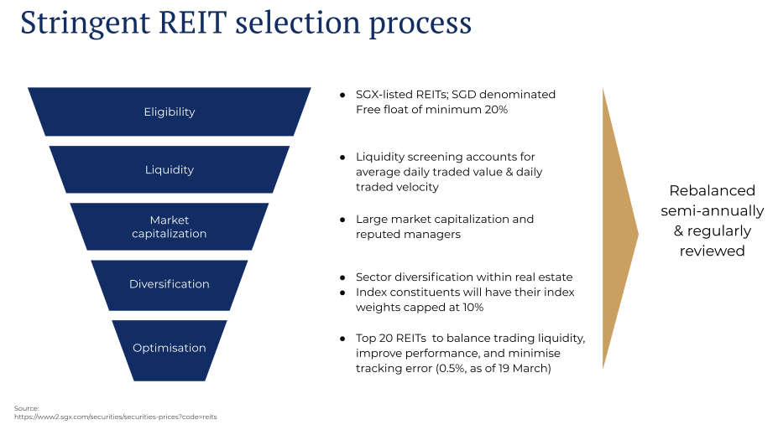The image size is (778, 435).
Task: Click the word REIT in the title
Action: pyautogui.click(x=192, y=23)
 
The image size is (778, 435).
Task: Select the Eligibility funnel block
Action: pyautogui.click(x=170, y=111)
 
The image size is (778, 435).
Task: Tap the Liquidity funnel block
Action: pyautogui.click(x=170, y=169)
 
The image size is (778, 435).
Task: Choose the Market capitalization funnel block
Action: pyautogui.click(x=170, y=226)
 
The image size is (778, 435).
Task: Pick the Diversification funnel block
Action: pyautogui.click(x=170, y=285)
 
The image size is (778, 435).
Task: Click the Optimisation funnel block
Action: pyautogui.click(x=170, y=350)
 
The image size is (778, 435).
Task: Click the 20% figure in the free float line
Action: pyautogui.click(x=496, y=110)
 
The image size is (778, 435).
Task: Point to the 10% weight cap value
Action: pyautogui.click(x=473, y=307)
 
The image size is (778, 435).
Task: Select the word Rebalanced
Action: pyautogui.click(x=712, y=191)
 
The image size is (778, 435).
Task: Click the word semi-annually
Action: pyautogui.click(x=712, y=211)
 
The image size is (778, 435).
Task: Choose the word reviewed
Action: pyautogui.click(x=712, y=251)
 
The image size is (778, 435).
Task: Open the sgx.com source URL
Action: pyautogui.click(x=116, y=417)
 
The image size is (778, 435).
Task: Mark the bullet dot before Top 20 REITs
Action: pyautogui.click(x=342, y=339)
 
